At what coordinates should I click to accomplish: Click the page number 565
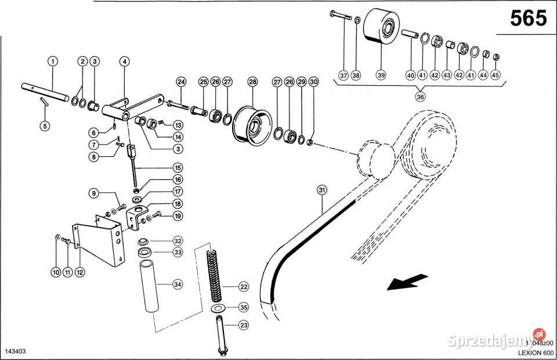click(528, 19)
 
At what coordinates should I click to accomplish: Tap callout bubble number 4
click(124, 61)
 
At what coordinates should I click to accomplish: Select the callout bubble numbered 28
click(252, 82)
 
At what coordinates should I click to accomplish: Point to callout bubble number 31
click(322, 190)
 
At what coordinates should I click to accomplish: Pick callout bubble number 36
click(421, 97)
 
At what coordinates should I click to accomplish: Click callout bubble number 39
click(381, 75)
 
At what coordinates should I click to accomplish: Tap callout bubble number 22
click(243, 286)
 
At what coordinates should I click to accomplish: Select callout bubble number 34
click(178, 284)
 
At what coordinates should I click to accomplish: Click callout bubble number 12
click(79, 271)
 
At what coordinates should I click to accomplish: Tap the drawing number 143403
click(16, 352)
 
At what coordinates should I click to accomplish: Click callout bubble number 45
click(495, 75)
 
